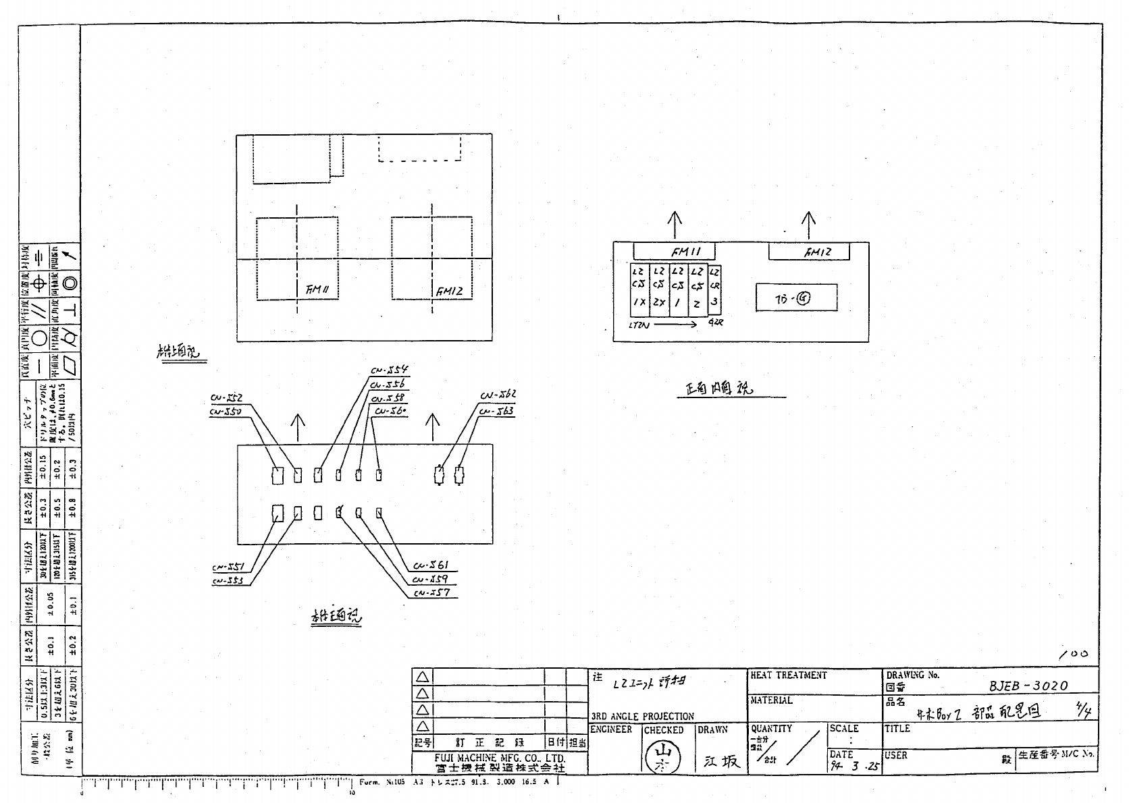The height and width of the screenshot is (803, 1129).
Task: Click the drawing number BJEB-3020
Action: tap(1028, 686)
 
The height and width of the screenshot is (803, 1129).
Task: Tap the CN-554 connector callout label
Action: tap(390, 370)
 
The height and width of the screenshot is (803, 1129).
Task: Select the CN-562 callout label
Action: tap(498, 395)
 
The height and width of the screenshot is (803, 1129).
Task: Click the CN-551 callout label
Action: tap(228, 567)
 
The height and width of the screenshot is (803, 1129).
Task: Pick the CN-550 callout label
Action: tap(226, 411)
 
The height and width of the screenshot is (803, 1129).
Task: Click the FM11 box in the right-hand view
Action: tap(673, 252)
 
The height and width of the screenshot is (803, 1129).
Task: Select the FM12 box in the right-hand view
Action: tap(809, 252)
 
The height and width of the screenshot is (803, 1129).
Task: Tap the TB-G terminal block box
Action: tap(796, 298)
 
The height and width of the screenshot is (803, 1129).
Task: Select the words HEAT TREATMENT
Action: tap(788, 675)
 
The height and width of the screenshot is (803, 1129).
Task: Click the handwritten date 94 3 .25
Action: tap(855, 767)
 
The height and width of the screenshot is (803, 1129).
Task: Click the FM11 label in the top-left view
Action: tap(316, 290)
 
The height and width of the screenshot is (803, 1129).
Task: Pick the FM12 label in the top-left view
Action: tap(449, 292)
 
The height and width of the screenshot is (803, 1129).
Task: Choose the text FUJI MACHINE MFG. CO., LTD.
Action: tap(499, 758)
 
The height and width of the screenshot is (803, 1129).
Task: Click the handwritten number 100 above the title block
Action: tap(1074, 654)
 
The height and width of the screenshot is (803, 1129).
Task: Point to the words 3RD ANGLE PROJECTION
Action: tap(642, 717)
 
